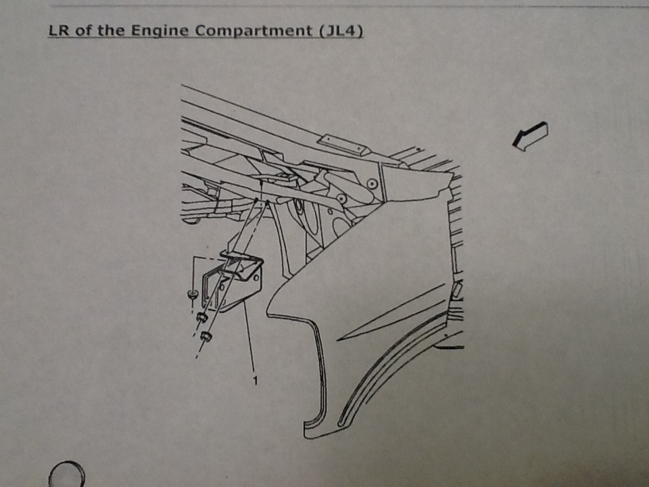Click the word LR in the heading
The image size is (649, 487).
click(x=58, y=30)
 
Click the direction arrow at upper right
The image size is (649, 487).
click(x=530, y=136)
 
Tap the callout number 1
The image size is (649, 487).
click(x=255, y=380)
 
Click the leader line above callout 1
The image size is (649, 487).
click(x=249, y=335)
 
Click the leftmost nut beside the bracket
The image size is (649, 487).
click(x=192, y=294)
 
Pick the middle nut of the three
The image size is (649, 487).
click(x=201, y=318)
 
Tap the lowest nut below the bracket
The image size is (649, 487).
click(x=206, y=336)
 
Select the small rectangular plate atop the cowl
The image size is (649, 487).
click(x=342, y=145)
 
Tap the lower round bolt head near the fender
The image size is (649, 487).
click(x=341, y=199)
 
